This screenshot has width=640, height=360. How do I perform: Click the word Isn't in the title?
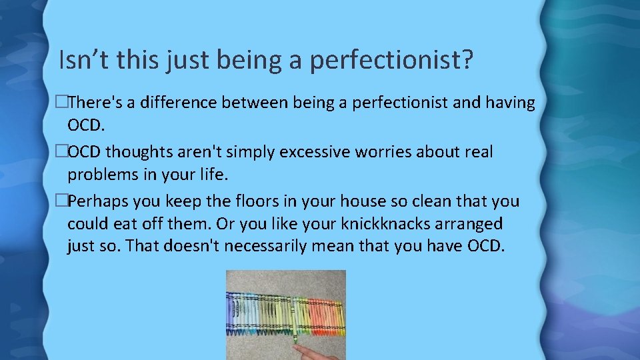(84, 60)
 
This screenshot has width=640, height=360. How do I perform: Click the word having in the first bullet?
(511, 103)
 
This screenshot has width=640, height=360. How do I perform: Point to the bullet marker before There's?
(61, 103)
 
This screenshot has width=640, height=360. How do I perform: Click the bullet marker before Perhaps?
(61, 201)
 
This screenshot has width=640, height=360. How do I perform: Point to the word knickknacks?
(391, 223)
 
